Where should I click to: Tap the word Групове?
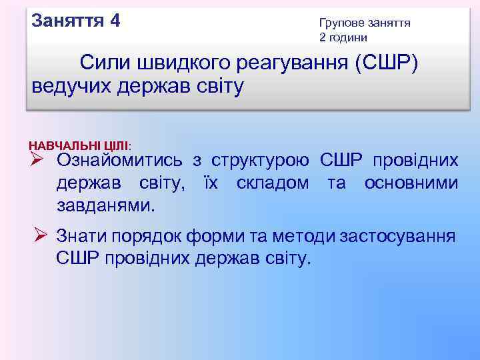(340, 23)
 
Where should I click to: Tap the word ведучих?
(70, 86)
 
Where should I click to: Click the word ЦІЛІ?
(116, 145)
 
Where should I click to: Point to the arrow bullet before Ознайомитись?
(37, 160)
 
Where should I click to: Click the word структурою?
(260, 161)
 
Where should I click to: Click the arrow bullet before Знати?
(41, 235)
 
